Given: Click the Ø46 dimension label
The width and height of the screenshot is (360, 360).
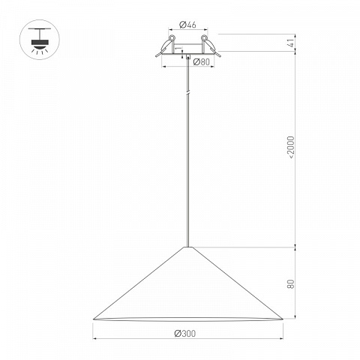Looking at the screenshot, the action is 187,25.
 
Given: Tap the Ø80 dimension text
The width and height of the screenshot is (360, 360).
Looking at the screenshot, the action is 202,61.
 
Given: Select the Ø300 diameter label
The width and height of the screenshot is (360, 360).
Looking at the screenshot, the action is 185,333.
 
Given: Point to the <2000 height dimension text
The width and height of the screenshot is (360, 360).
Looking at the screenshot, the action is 291,147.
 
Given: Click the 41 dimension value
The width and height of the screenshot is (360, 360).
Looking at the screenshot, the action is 291,43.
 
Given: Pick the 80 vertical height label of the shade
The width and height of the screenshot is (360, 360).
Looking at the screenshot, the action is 291,284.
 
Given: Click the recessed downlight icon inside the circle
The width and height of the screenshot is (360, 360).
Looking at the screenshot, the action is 40,40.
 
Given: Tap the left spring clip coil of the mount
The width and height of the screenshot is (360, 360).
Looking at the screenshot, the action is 172,37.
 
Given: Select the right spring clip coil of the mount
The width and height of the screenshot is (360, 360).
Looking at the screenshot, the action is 204,37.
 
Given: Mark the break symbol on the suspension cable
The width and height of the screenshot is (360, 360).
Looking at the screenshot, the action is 188,92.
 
